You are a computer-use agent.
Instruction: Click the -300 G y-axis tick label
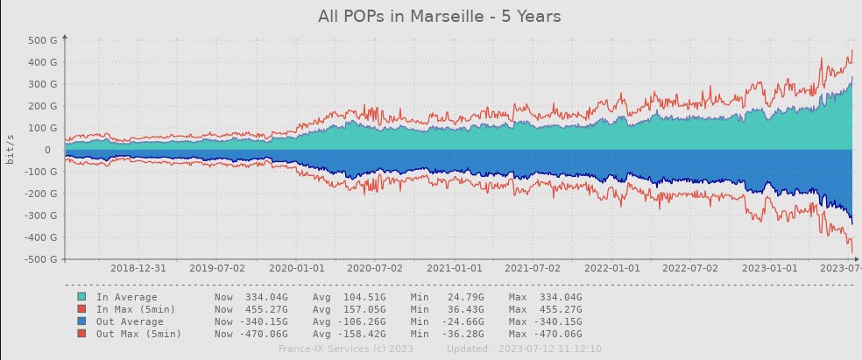(x=40, y=215)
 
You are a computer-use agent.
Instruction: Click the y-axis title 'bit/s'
(x=10, y=150)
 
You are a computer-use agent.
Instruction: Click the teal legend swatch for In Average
(x=81, y=297)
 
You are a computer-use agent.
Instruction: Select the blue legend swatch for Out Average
(x=81, y=321)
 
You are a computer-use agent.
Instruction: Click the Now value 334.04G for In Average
(x=254, y=297)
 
